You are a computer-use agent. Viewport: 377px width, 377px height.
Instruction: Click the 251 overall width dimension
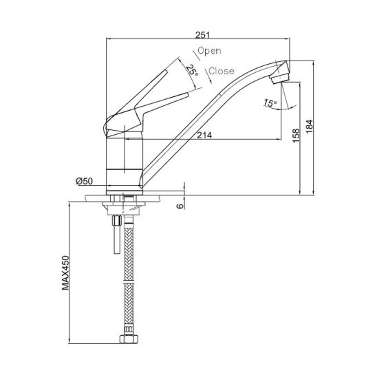click(x=202, y=35)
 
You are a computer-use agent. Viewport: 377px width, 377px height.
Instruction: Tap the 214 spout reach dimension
click(x=204, y=135)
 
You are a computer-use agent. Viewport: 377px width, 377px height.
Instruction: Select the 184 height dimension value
click(x=310, y=127)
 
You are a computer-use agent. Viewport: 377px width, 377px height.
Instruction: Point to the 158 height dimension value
click(x=297, y=136)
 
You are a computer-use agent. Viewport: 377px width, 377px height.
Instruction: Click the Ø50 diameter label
click(x=84, y=181)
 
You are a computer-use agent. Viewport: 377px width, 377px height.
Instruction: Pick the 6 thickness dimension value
click(x=180, y=206)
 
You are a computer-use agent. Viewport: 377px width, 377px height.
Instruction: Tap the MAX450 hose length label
click(x=65, y=272)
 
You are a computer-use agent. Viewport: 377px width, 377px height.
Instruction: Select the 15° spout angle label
click(x=270, y=103)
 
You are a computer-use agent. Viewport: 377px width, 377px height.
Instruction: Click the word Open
click(x=209, y=51)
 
